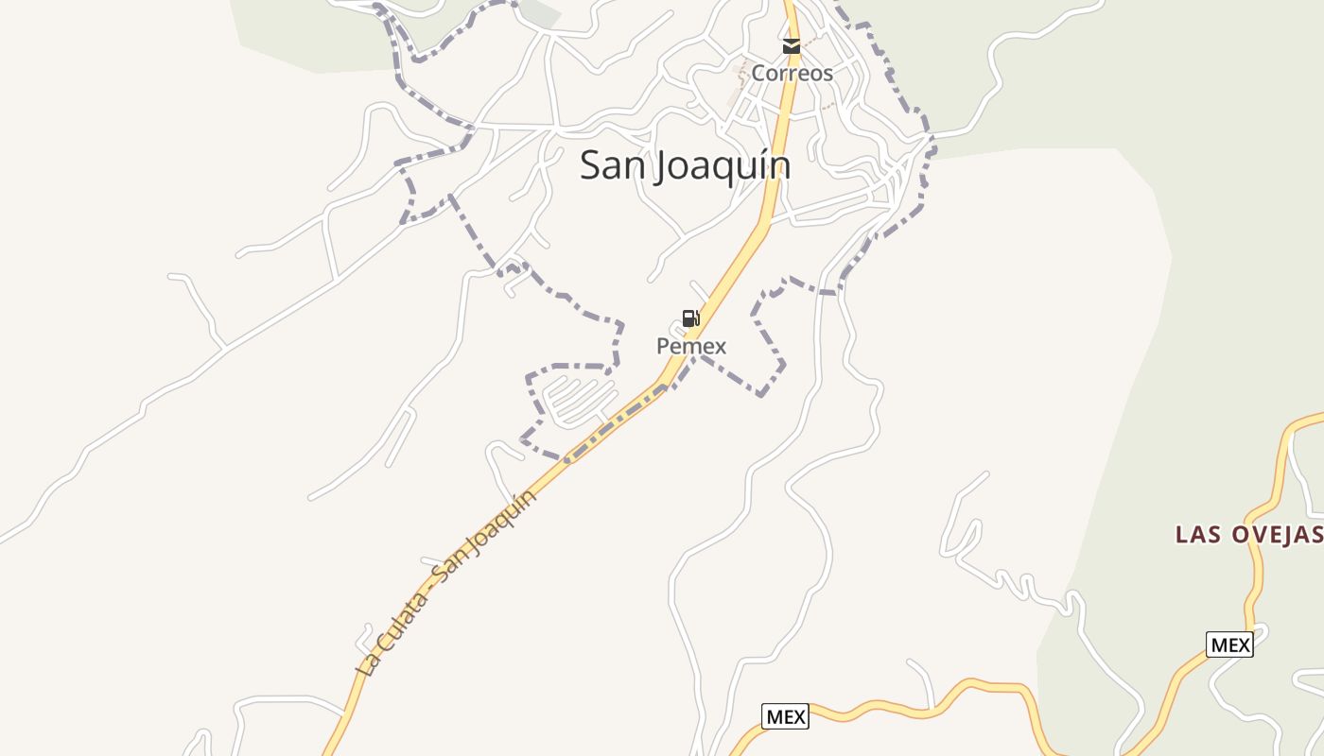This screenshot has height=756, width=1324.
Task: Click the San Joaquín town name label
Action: point(685,165)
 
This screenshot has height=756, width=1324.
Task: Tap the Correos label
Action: point(792,73)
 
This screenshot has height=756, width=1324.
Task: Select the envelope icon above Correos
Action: point(792,45)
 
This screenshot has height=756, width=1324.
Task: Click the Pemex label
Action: point(691,346)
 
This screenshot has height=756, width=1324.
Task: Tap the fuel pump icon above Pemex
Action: point(691,318)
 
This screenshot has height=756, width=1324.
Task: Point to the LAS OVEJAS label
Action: point(1247,535)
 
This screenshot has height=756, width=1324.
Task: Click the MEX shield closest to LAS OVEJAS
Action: point(1230,645)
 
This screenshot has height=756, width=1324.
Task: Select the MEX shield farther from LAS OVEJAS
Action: point(785,717)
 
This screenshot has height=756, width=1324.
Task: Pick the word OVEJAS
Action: point(1278,535)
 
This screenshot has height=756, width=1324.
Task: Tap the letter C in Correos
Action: point(758,73)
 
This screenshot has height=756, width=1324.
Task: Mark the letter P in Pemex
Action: point(663,346)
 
